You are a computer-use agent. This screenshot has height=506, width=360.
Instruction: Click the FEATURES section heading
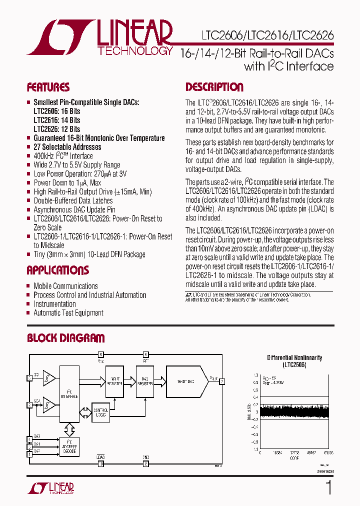coord(48,87)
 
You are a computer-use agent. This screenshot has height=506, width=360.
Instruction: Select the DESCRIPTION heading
coord(214,87)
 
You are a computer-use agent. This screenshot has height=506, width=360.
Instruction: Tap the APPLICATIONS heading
coord(57,270)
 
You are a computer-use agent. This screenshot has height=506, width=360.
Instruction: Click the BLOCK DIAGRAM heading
coord(65,338)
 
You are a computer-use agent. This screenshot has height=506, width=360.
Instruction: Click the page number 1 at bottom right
coord(328,487)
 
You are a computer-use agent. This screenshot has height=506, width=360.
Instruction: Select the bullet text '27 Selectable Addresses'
coord(67,147)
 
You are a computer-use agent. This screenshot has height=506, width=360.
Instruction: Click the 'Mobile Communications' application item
coord(65,286)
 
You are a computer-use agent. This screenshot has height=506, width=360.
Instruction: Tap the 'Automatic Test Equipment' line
coord(68,313)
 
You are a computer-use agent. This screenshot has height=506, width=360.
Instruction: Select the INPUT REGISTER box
coord(114,381)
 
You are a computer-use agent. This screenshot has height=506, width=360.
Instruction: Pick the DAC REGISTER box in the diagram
coord(145,381)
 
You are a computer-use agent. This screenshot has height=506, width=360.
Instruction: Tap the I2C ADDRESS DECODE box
coord(69,446)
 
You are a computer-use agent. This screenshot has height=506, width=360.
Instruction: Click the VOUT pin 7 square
coord(222,381)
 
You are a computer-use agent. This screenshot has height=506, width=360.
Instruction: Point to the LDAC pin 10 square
coord(100,464)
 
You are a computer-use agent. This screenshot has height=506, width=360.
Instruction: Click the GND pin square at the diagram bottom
coord(146,464)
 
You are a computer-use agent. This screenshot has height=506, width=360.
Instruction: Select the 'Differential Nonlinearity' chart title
coord(294,358)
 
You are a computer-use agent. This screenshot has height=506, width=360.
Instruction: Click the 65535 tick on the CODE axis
coord(328,451)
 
